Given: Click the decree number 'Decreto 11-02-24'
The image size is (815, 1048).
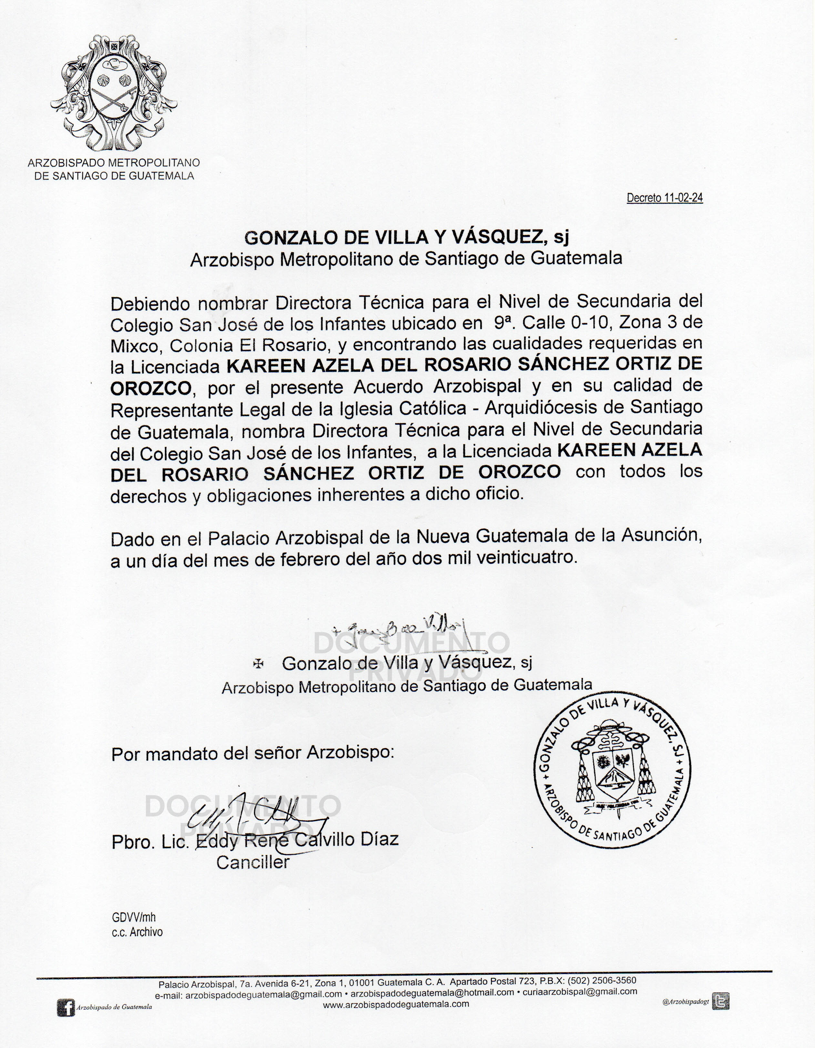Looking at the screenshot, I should point(664,198).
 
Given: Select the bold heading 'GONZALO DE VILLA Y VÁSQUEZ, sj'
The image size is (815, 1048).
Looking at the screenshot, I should point(406,237).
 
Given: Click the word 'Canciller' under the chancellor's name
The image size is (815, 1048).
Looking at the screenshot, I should point(253,862).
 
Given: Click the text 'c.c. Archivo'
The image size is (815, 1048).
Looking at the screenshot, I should point(137,932).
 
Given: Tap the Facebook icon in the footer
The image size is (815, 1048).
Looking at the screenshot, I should point(66,1008).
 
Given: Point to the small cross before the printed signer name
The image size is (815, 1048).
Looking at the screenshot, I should point(258,664).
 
